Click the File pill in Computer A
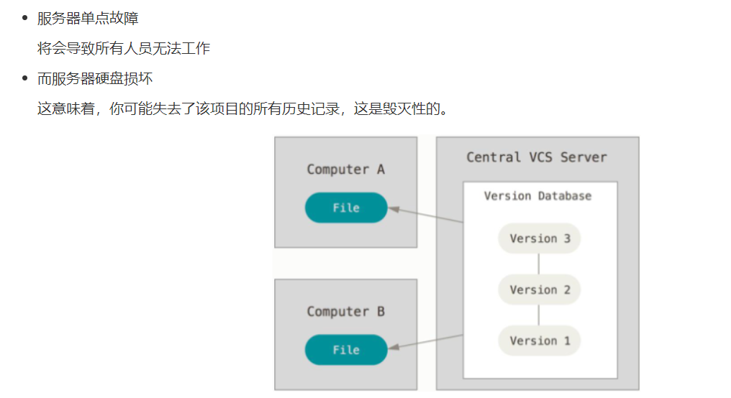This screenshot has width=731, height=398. [x=346, y=208]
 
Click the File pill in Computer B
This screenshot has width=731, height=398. [x=346, y=350]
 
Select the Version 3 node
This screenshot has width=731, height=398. [x=539, y=239]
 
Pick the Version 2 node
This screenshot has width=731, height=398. [x=539, y=290]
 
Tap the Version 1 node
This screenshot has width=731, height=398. [x=539, y=341]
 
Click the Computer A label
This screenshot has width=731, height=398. [x=345, y=170]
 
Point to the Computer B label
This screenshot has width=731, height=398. [x=345, y=312]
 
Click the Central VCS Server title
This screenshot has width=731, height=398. [x=537, y=157]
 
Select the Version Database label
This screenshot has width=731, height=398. [x=537, y=196]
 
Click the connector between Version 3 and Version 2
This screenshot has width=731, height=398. [x=539, y=264]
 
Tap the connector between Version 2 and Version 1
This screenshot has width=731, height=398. [x=539, y=315]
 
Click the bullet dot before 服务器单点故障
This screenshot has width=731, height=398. [x=24, y=18]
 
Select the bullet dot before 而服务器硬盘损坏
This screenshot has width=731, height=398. [x=24, y=78]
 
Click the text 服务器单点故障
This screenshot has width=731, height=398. [x=88, y=18]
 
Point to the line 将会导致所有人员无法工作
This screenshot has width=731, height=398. [x=123, y=48]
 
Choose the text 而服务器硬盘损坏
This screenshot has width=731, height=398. [x=95, y=78]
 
